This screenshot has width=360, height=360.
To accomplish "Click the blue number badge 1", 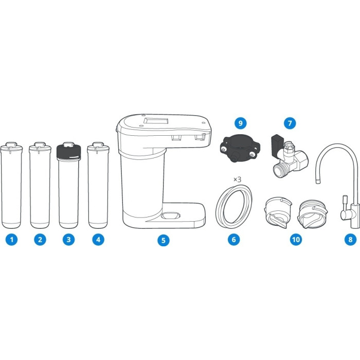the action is pyautogui.click(x=11, y=240).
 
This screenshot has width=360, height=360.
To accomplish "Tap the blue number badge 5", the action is pyautogui.click(x=163, y=240).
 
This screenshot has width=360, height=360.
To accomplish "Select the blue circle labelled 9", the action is pyautogui.click(x=240, y=123).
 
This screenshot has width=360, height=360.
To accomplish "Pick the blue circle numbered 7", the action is pyautogui.click(x=290, y=123).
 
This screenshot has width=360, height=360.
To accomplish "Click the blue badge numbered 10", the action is pyautogui.click(x=296, y=240).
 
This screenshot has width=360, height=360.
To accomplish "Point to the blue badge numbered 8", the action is pyautogui.click(x=350, y=240).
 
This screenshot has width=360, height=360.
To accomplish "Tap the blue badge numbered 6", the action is pyautogui.click(x=233, y=240).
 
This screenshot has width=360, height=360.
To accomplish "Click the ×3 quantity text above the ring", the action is pyautogui.click(x=238, y=179).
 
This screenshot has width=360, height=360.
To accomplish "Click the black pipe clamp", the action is pyautogui.click(x=240, y=149).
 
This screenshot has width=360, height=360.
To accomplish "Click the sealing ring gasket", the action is pyautogui.click(x=233, y=207).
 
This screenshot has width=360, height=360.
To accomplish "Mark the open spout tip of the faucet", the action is pyautogui.click(x=318, y=182).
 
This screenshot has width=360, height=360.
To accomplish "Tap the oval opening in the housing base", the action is pyautogui.click(x=170, y=215).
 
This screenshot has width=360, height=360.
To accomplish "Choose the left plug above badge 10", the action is pyautogui.click(x=278, y=212).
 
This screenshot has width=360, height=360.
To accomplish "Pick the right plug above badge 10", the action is pyautogui.click(x=313, y=214).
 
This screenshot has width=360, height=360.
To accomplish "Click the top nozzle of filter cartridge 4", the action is pyautogui.click(x=98, y=145).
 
